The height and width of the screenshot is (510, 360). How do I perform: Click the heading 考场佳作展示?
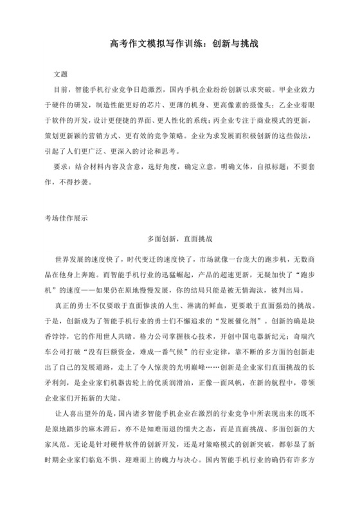pyautogui.click(x=69, y=218)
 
